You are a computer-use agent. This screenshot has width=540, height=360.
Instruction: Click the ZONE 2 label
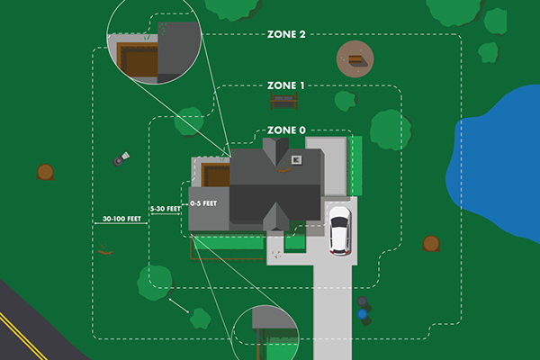286,35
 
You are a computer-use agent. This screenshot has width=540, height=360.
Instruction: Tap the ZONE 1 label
286,85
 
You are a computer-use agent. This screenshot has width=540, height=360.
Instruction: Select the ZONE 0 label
286,130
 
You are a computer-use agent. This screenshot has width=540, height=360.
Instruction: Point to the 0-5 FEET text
202,203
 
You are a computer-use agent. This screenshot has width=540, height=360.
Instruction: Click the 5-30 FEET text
165,209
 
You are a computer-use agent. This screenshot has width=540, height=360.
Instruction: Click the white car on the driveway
339,229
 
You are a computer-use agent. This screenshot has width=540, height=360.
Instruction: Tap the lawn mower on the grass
121,160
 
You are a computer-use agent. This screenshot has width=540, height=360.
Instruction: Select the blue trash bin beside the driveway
363,316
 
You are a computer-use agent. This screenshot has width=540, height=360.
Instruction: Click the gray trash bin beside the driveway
362,303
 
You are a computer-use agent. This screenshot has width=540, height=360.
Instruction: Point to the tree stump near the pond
431,243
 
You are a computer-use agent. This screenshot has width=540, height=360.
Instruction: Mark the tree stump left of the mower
44,171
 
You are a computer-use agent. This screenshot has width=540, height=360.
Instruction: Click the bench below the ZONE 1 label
283,100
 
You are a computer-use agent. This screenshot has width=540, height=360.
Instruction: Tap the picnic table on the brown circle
355,60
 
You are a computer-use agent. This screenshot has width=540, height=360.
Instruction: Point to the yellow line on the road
22,328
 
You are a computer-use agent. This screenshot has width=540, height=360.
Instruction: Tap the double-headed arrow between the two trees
177,307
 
